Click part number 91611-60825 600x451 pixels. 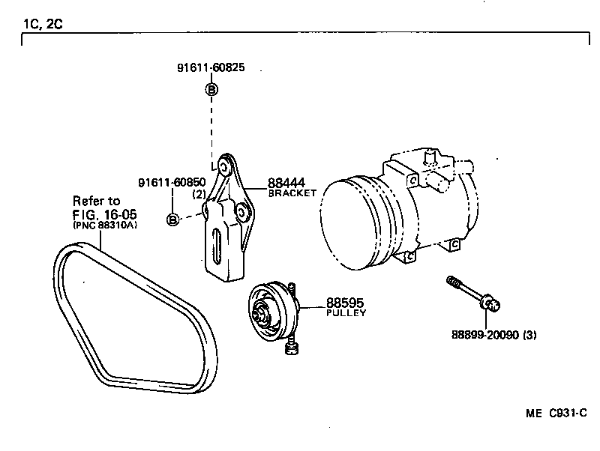210,68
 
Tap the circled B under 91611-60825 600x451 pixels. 211,90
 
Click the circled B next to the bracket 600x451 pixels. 172,220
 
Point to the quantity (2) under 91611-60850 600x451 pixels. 199,194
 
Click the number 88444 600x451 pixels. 286,183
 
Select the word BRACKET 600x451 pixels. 292,193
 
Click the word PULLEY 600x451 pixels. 346,313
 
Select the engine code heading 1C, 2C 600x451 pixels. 43,23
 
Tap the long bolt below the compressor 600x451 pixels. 472,293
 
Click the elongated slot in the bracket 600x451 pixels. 217,246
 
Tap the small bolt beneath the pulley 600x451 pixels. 291,348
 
